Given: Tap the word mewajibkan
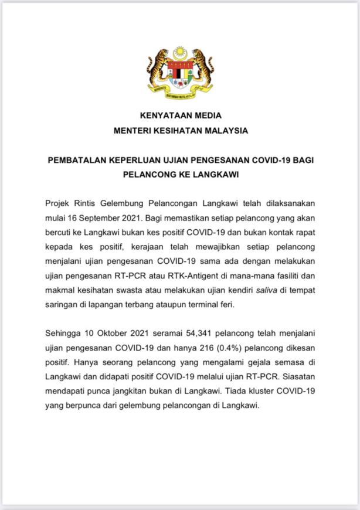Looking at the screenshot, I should tap(220, 244).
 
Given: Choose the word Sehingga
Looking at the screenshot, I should tap(64, 334).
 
